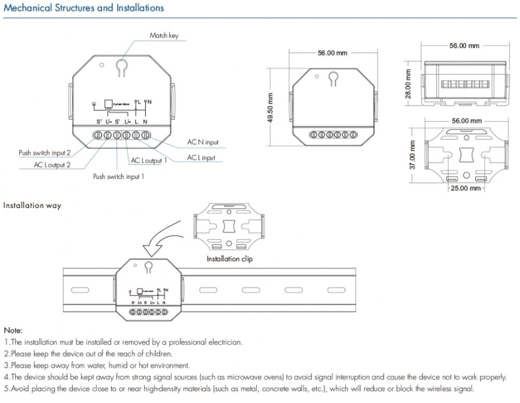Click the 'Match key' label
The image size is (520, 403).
point(164,35)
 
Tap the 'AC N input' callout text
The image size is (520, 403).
point(203,142)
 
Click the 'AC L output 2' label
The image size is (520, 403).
point(52,165)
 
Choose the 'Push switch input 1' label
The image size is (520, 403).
point(119,177)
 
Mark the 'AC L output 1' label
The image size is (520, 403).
point(149,161)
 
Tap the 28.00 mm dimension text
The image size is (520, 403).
point(409,83)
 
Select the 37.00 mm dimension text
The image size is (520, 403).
point(412,154)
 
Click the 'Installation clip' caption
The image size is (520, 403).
point(229,258)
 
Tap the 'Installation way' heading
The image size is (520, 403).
point(32,205)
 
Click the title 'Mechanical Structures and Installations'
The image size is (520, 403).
point(84,8)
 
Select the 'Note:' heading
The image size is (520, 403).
point(13,330)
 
